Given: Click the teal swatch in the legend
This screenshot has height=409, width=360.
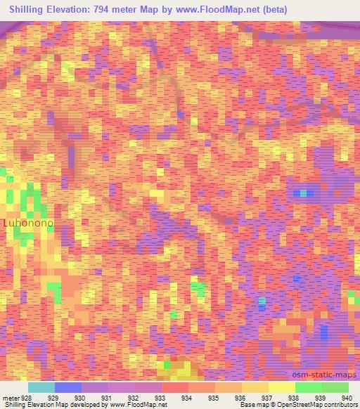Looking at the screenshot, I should [41, 387].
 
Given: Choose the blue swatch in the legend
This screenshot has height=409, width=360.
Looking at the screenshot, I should [67, 387].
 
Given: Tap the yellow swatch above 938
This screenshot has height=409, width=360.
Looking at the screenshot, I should [281, 387].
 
